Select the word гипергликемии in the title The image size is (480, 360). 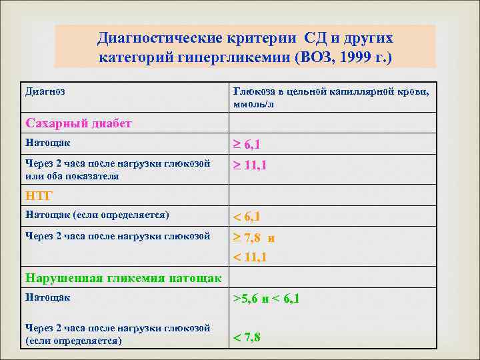[x=224, y=57]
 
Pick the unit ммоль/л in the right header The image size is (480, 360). [x=252, y=105]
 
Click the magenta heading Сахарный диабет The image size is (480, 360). [x=78, y=123]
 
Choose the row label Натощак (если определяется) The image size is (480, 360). [x=97, y=215]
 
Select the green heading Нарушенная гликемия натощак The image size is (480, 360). [x=123, y=278]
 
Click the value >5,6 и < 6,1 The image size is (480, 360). [x=266, y=299]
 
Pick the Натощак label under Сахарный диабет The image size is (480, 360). [x=47, y=143]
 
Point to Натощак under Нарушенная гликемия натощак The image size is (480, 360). [x=47, y=297]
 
